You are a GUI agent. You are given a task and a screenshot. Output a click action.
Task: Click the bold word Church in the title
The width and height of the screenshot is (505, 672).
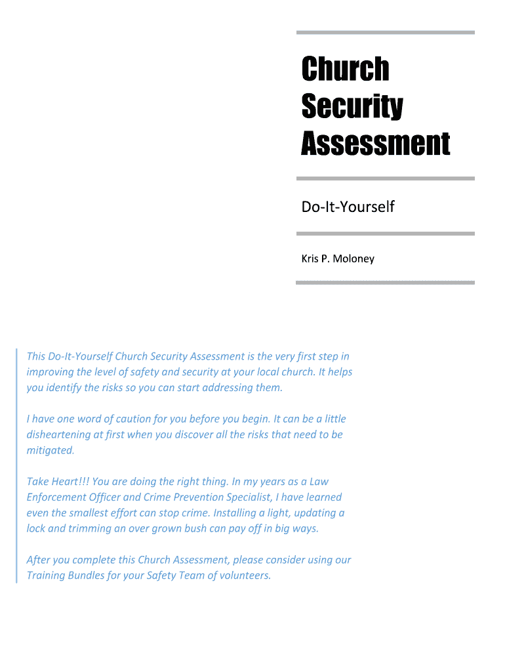click(x=345, y=69)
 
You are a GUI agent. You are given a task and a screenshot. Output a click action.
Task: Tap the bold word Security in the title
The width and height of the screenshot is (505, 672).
click(x=352, y=107)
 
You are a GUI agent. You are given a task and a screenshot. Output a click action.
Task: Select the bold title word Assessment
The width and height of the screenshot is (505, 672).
click(x=375, y=143)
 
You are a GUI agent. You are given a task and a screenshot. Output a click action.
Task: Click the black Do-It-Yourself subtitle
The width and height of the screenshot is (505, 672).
click(x=348, y=207)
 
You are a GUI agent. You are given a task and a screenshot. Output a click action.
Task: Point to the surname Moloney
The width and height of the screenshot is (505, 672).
click(x=353, y=259)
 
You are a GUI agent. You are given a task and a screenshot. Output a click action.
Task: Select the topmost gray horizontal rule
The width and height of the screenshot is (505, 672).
click(x=385, y=32)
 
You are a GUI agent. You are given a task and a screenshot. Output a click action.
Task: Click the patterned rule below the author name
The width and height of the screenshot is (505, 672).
click(x=385, y=283)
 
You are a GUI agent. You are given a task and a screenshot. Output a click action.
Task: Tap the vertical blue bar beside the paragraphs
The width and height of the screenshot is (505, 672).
click(x=16, y=466)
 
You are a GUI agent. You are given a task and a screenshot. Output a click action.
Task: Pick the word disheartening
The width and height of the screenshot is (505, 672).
click(x=58, y=434)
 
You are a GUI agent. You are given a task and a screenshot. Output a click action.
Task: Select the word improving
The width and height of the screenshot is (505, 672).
click(x=50, y=372)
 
